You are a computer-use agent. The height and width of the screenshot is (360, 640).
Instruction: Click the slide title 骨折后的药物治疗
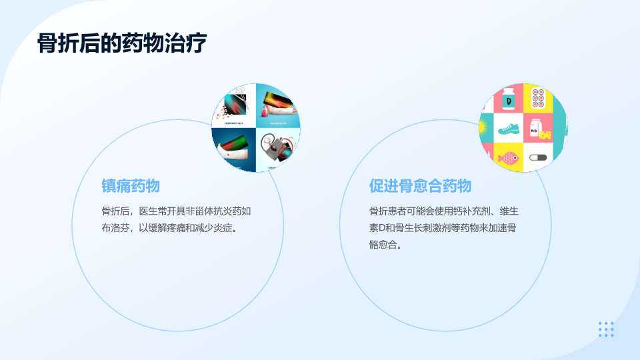(x=122, y=43)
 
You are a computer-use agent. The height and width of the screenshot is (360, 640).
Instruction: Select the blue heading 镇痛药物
(x=131, y=186)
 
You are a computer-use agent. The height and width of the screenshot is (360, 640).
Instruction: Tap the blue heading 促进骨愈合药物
(x=421, y=186)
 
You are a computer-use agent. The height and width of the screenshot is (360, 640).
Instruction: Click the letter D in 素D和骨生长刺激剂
(x=382, y=228)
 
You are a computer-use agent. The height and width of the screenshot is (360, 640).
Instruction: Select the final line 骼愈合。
(x=386, y=245)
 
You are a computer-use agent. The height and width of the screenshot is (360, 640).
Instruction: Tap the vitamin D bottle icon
(x=508, y=99)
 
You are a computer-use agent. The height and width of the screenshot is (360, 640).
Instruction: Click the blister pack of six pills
(x=538, y=99)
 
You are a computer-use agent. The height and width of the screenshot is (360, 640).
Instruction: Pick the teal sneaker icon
(x=509, y=129)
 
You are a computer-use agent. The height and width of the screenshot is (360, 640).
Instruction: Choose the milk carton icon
(x=535, y=128)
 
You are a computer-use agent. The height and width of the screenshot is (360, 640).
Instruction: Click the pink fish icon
(x=509, y=158)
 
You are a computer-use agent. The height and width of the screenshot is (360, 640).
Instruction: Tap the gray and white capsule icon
(x=538, y=157)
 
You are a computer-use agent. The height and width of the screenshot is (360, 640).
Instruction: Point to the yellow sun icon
(x=485, y=128)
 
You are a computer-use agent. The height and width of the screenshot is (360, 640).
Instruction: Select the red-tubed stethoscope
(x=277, y=147)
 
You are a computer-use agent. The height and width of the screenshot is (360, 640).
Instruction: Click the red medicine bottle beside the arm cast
(x=264, y=111)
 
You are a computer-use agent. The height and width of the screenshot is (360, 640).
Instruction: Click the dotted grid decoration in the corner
(x=606, y=329)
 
